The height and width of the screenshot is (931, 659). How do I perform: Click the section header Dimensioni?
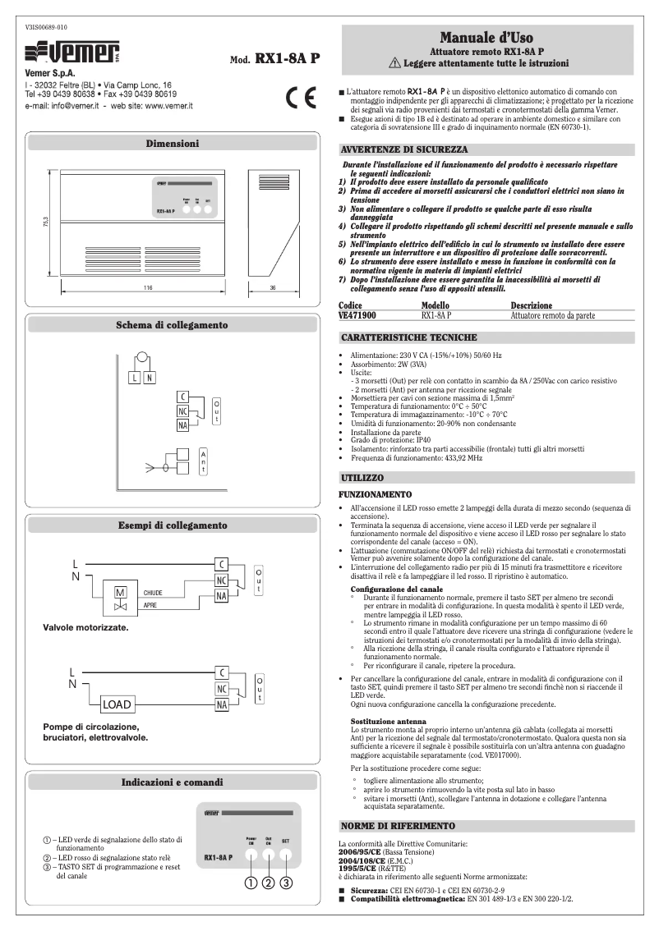click(x=172, y=143)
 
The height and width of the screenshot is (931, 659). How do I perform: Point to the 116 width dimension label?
click(x=148, y=288)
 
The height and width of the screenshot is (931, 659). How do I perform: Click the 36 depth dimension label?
click(x=273, y=288)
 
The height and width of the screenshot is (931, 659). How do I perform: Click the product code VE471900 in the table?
click(x=357, y=314)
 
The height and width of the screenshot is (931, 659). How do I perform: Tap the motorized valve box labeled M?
click(x=120, y=592)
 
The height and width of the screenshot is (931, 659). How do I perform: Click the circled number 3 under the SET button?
click(x=286, y=883)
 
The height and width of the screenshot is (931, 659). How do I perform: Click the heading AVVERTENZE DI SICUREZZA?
click(x=403, y=150)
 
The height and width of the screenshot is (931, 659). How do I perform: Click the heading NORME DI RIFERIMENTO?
click(x=396, y=823)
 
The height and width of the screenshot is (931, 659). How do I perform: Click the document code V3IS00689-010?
click(x=47, y=27)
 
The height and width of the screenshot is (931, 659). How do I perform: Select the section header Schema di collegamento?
click(x=172, y=325)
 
